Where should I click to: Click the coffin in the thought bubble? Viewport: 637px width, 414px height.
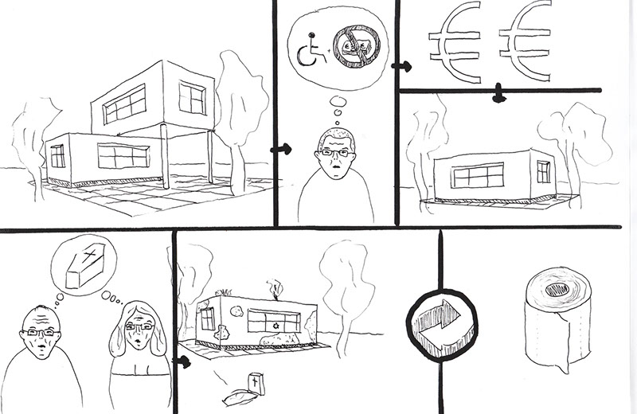[83, 267]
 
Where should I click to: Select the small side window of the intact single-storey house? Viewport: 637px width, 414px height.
[543, 170]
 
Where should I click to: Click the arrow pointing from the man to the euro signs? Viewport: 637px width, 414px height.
[404, 67]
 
